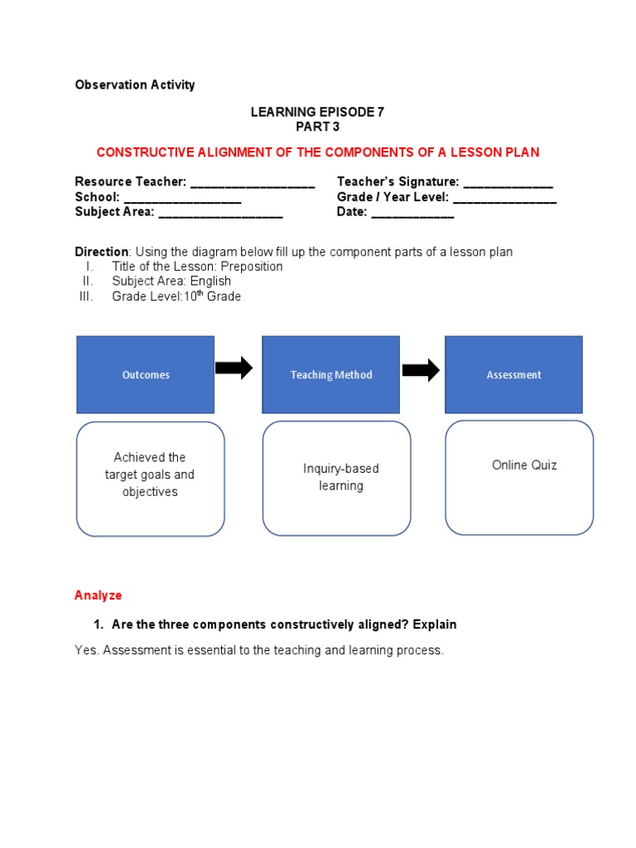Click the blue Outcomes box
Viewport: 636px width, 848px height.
coord(146,374)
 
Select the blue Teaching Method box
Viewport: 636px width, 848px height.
coord(331,374)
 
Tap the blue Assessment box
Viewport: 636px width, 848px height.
coord(513,374)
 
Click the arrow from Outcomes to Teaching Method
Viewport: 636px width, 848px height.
coord(234,368)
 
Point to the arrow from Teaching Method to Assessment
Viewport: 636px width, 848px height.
coord(421,370)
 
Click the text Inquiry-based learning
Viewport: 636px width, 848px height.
coord(340,477)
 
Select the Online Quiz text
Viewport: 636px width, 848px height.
coord(524,465)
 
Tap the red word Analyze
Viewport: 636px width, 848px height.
coord(98,595)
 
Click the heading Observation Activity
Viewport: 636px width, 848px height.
coord(135,85)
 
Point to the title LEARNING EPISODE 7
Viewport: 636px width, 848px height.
coord(317,112)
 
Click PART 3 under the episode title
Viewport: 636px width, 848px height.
coord(317,127)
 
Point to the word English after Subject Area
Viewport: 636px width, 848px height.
coord(210,282)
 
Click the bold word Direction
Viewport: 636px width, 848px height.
coord(102,252)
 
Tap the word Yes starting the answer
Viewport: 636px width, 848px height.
coord(85,651)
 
